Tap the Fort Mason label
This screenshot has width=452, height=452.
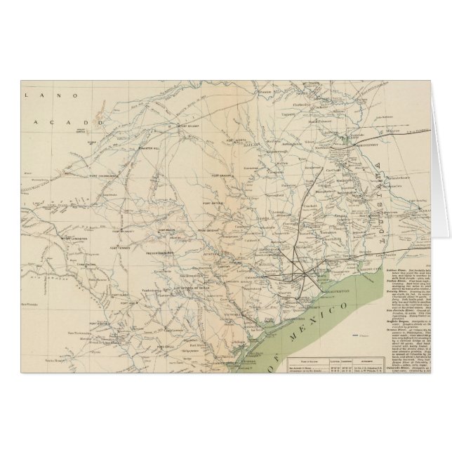pos(168,230)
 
